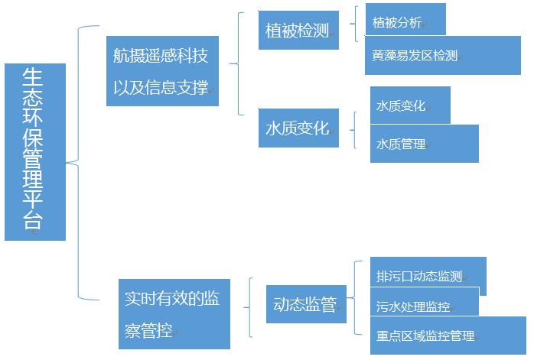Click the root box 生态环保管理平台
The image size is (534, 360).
[34, 151]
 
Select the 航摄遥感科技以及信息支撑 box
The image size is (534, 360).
[161, 71]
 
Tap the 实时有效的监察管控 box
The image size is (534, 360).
[174, 314]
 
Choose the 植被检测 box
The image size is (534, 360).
[298, 31]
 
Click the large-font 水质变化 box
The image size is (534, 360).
[298, 128]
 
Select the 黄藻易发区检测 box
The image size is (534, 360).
[441, 56]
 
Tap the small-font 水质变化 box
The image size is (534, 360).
[409, 105]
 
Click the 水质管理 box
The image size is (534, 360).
[424, 143]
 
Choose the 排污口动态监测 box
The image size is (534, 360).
[427, 275]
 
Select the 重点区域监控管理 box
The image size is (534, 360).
[447, 335]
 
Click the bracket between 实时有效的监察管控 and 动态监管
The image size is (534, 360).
[250, 306]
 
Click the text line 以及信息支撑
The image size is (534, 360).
[161, 86]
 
